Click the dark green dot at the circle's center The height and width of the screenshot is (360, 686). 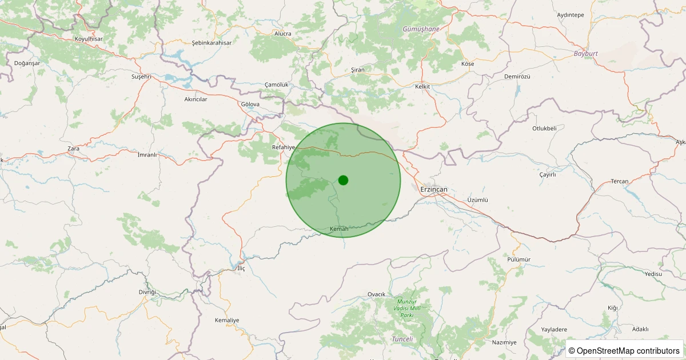343,180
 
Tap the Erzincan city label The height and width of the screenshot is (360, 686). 433,189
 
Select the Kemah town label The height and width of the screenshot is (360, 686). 339,229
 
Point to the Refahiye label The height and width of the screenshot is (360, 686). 284,147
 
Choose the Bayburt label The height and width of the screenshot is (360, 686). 585,54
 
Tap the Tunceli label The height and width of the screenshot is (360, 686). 402,339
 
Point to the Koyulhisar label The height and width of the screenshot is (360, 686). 88,39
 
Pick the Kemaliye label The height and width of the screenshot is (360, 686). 227,320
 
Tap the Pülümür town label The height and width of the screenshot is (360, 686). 519,259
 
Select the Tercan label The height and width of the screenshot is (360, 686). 619,181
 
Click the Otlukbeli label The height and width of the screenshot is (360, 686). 544,129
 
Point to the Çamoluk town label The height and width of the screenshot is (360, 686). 276,85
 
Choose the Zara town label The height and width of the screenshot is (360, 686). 73,149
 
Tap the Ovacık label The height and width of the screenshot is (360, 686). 376,294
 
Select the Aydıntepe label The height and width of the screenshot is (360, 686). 570,15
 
